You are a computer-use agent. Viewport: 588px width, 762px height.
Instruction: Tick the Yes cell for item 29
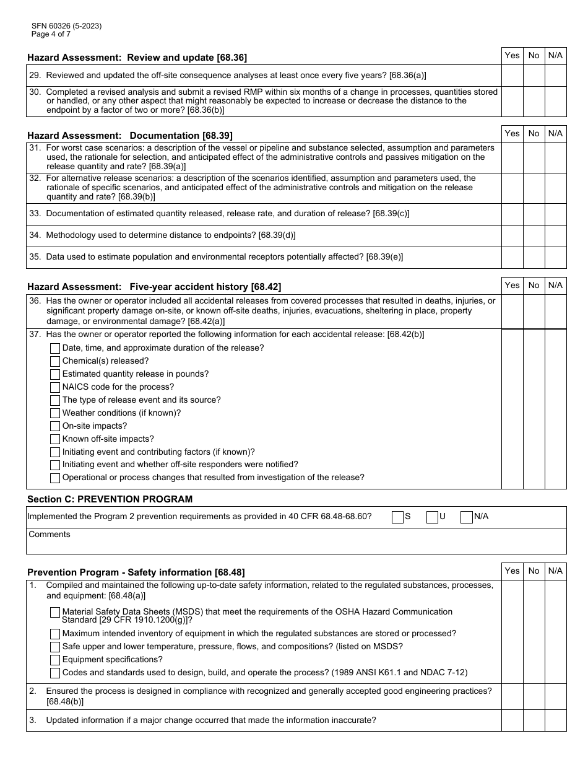click(512, 75)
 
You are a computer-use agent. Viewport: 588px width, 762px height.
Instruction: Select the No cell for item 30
click(534, 101)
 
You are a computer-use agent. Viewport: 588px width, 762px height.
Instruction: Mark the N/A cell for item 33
click(555, 214)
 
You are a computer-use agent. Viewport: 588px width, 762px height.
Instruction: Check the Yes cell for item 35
click(512, 257)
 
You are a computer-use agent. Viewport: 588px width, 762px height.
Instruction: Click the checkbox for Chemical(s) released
click(55, 361)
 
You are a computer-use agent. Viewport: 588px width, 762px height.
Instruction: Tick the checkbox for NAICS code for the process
click(55, 387)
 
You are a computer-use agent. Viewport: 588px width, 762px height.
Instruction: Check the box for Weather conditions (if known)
click(55, 413)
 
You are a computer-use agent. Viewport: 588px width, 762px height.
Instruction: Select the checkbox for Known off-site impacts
click(55, 439)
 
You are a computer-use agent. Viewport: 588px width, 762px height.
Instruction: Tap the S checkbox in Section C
click(397, 517)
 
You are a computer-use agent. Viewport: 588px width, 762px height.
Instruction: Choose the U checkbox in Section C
click(432, 517)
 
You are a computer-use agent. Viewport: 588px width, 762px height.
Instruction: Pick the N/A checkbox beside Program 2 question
click(467, 517)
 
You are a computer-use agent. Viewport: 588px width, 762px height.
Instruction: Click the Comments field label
click(50, 534)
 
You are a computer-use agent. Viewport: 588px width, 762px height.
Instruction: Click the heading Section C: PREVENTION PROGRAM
click(110, 499)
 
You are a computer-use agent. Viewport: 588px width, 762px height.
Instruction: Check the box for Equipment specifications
click(55, 660)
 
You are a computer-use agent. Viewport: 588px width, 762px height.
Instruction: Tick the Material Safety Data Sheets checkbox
click(55, 613)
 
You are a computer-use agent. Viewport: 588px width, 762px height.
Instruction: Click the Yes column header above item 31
click(512, 133)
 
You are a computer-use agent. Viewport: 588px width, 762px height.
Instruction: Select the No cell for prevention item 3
click(534, 720)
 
